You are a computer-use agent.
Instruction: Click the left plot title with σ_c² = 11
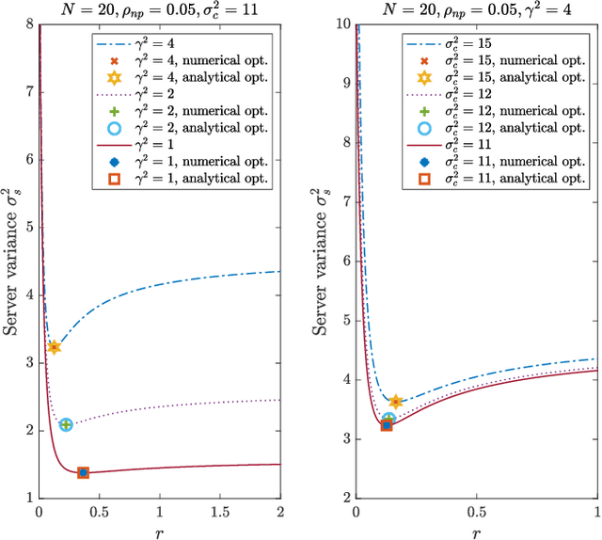pyautogui.click(x=160, y=10)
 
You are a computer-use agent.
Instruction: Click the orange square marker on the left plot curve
pyautogui.click(x=83, y=472)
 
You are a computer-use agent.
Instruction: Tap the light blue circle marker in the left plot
pyautogui.click(x=66, y=424)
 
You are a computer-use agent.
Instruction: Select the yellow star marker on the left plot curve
pyautogui.click(x=54, y=347)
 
